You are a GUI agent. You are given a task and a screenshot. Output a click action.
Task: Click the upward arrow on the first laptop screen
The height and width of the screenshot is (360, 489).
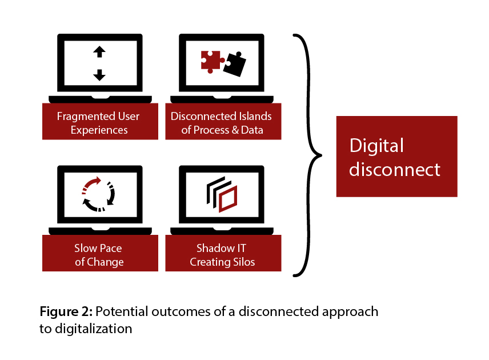tap(99, 52)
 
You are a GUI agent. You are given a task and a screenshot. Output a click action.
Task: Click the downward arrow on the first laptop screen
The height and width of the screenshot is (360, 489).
tap(99, 74)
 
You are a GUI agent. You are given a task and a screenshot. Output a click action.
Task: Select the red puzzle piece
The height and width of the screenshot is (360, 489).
tap(210, 60)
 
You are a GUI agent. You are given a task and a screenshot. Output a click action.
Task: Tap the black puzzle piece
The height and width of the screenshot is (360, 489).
tap(234, 64)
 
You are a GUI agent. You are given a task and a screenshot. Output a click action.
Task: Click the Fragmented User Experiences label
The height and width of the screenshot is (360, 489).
tap(99, 123)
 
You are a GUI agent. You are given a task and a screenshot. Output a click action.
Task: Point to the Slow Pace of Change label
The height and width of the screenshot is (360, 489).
tap(99, 255)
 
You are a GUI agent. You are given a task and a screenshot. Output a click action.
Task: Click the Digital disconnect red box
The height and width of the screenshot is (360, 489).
tap(396, 157)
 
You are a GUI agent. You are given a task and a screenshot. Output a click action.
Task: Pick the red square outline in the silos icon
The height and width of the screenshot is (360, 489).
tap(227, 198)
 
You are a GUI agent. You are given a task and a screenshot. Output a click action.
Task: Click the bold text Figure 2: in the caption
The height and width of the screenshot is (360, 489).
tap(66, 312)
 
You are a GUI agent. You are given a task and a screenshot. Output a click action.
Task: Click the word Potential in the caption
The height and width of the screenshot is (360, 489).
tap(121, 312)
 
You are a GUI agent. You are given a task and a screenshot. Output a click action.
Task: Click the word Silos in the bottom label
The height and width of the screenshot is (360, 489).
tap(242, 262)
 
